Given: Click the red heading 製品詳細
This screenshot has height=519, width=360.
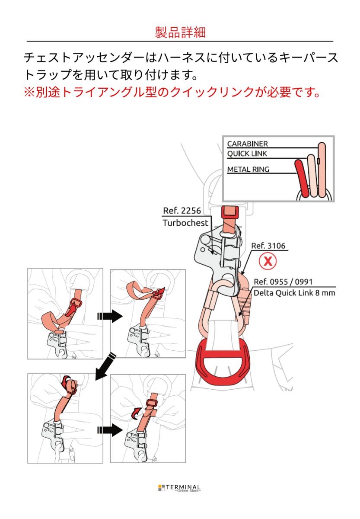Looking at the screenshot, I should pos(180,32).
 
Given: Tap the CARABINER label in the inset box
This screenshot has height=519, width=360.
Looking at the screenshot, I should pos(248,144).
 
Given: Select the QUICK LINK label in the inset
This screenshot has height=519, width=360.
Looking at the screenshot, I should pos(247,154).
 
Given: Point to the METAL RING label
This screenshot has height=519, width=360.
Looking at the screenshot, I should pos(248,169).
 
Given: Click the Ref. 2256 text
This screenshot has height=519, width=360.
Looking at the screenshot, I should pos(182,211).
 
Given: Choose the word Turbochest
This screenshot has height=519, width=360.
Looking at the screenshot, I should pos(185,223).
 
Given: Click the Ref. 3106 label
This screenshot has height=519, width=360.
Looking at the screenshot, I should pos(268,246).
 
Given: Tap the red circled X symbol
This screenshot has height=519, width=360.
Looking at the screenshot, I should pos(268,261).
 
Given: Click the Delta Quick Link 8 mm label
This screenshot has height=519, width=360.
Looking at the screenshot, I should pos(294,293).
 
